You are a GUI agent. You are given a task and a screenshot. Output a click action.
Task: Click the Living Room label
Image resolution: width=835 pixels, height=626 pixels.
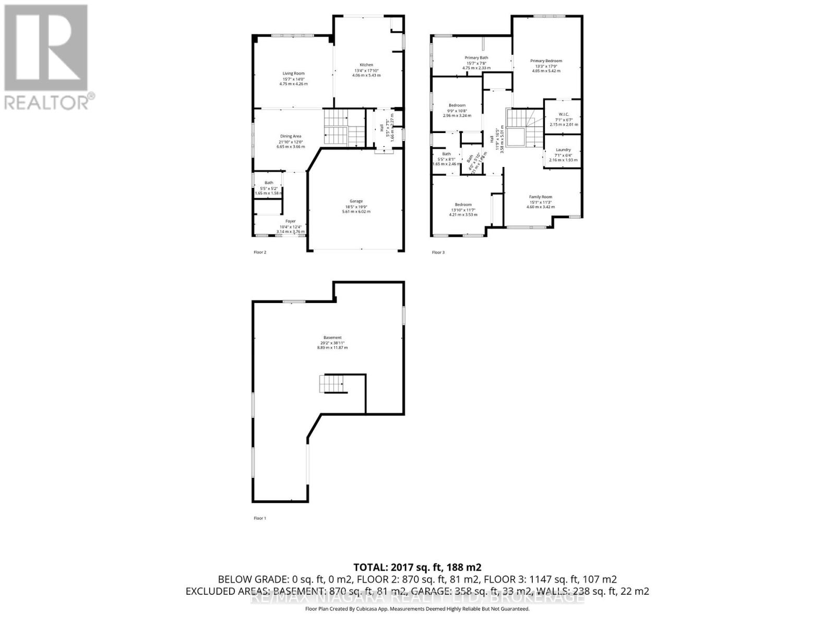click(293, 74)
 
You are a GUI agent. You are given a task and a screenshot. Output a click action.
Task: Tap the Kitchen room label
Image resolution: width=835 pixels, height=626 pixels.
click(366, 65)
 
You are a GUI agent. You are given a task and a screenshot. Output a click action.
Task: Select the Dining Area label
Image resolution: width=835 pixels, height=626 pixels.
click(290, 136)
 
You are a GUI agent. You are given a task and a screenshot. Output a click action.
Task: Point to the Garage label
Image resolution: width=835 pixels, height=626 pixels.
click(356, 201)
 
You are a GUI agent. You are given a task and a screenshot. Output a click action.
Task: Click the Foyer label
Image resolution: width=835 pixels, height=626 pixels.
click(291, 221)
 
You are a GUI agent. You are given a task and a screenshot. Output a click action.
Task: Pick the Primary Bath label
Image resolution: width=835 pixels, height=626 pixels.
click(476, 58)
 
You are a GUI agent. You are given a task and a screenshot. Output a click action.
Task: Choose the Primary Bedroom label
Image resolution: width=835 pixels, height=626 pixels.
click(546, 61)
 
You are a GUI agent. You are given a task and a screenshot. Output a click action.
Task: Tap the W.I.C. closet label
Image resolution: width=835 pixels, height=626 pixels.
click(563, 114)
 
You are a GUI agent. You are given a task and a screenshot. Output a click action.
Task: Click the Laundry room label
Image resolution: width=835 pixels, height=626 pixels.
click(563, 150)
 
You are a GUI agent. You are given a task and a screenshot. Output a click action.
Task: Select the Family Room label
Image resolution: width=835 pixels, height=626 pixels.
click(540, 197)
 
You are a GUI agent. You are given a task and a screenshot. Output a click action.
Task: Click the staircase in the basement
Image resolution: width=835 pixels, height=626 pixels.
click(331, 384)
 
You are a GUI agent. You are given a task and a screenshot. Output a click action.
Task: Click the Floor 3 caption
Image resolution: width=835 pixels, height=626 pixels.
click(438, 252)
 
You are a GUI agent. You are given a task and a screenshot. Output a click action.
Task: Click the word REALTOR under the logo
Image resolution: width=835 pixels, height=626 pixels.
click(47, 102)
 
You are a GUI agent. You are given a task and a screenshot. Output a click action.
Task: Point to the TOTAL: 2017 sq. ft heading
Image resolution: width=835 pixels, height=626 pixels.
click(417, 568)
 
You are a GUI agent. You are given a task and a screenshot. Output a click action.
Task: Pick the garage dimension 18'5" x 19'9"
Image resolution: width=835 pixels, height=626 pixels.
click(356, 207)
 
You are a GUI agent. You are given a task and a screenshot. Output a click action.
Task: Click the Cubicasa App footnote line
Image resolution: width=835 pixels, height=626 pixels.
click(417, 609)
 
